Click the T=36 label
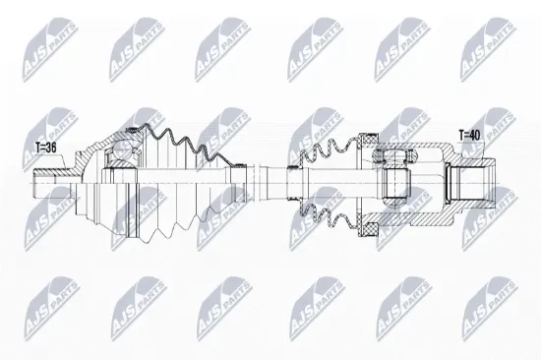coord(45,149)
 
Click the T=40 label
coord(469,136)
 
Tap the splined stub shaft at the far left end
coord(52,183)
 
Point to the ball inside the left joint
coord(120,151)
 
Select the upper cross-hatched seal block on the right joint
coord(369,141)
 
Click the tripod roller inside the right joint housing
coord(396,184)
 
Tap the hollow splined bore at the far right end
coord(471,183)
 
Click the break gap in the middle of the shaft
coord(256,183)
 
